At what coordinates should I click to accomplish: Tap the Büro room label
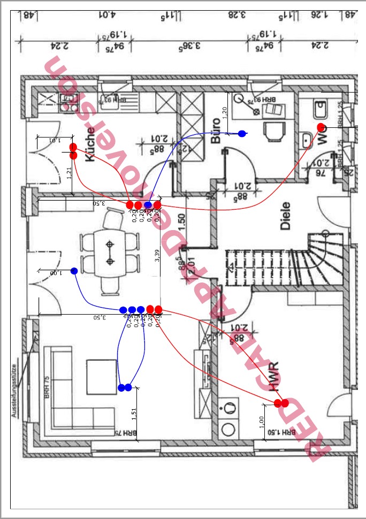coord(216,131)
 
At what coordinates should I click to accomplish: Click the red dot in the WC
coord(321,127)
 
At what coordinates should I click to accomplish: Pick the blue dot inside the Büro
coord(242,133)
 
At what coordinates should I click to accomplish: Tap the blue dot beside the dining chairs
coord(74,271)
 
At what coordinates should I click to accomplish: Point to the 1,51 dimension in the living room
coord(133,415)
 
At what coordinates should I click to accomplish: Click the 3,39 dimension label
coord(157,256)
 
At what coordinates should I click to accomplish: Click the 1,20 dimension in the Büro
coord(225,112)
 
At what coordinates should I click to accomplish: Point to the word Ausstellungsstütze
coord(14,391)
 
